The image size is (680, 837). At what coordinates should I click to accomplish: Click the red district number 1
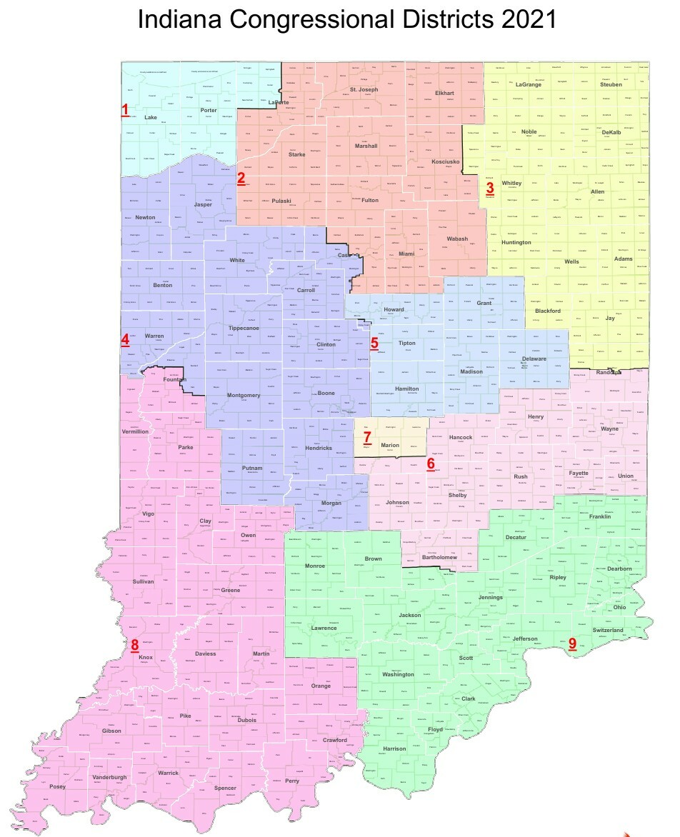pos(125,110)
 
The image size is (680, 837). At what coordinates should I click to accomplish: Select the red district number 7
pos(366,437)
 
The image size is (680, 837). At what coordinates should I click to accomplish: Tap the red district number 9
pos(572,643)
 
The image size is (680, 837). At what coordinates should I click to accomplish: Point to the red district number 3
pos(490,189)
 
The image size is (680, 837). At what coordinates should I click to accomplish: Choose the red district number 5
pos(374,343)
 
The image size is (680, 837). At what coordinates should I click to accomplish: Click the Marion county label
pos(390,445)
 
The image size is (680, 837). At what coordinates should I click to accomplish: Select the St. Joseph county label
pos(364,90)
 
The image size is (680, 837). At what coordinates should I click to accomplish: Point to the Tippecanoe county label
pos(243,328)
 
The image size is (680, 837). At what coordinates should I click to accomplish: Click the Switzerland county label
pos(608,630)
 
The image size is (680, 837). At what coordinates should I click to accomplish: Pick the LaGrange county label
pos(531,84)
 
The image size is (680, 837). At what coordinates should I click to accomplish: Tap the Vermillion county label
pos(135,431)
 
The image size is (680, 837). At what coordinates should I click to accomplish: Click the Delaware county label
pos(534,359)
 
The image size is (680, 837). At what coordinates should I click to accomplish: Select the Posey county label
pos(57,786)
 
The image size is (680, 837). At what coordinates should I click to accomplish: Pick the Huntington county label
pos(516,242)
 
